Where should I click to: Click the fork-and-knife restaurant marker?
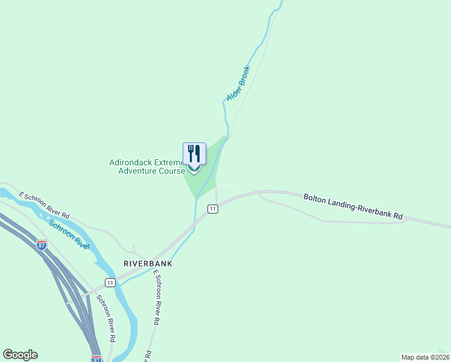pyautogui.click(x=194, y=154)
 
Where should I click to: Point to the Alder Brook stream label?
pyautogui.click(x=238, y=83)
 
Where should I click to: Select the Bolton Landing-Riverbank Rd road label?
pyautogui.click(x=353, y=206)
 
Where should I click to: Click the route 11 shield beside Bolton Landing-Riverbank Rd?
pyautogui.click(x=213, y=209)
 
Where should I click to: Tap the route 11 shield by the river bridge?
pyautogui.click(x=109, y=282)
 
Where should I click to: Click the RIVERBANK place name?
pyautogui.click(x=148, y=264)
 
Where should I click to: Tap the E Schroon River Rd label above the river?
pyautogui.click(x=44, y=205)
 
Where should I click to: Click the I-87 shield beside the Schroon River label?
pyautogui.click(x=41, y=245)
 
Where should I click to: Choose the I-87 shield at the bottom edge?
pyautogui.click(x=96, y=358)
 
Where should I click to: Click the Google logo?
pyautogui.click(x=20, y=355)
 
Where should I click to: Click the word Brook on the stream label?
pyautogui.click(x=244, y=75)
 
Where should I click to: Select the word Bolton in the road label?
pyautogui.click(x=315, y=198)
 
